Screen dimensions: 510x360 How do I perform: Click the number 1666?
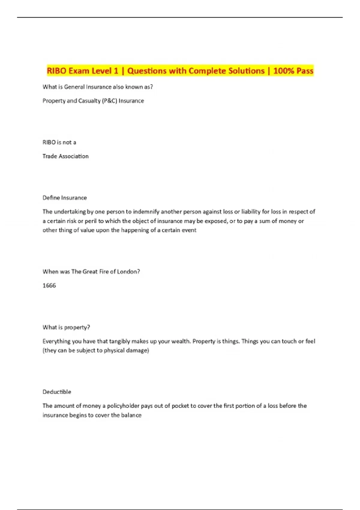[49, 285]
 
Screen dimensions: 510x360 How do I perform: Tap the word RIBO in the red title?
[56, 71]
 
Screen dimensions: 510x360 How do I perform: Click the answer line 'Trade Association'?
[65, 156]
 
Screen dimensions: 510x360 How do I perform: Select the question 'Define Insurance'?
[64, 198]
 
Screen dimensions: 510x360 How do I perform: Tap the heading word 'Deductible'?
[57, 392]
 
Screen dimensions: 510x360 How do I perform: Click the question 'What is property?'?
[66, 327]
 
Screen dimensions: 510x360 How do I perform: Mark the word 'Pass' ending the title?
[305, 71]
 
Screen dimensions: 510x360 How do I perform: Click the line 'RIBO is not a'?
[59, 142]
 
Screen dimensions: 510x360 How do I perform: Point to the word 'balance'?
[131, 415]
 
